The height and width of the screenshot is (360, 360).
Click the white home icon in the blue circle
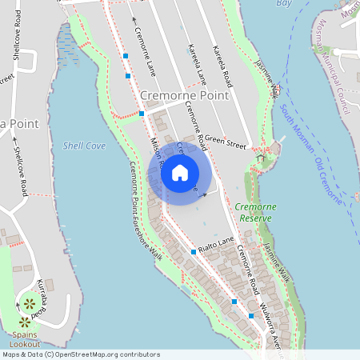[x=180, y=172]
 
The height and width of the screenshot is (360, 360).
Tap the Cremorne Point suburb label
[x=184, y=95]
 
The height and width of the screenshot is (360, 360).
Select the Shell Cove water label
[x=83, y=146]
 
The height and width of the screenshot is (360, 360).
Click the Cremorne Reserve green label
[x=256, y=212]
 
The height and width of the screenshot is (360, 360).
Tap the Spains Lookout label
[x=23, y=339]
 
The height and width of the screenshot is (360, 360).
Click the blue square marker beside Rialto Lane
[x=194, y=252]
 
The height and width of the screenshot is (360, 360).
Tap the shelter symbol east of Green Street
[x=258, y=161]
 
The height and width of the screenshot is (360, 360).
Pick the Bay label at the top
[x=284, y=3]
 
